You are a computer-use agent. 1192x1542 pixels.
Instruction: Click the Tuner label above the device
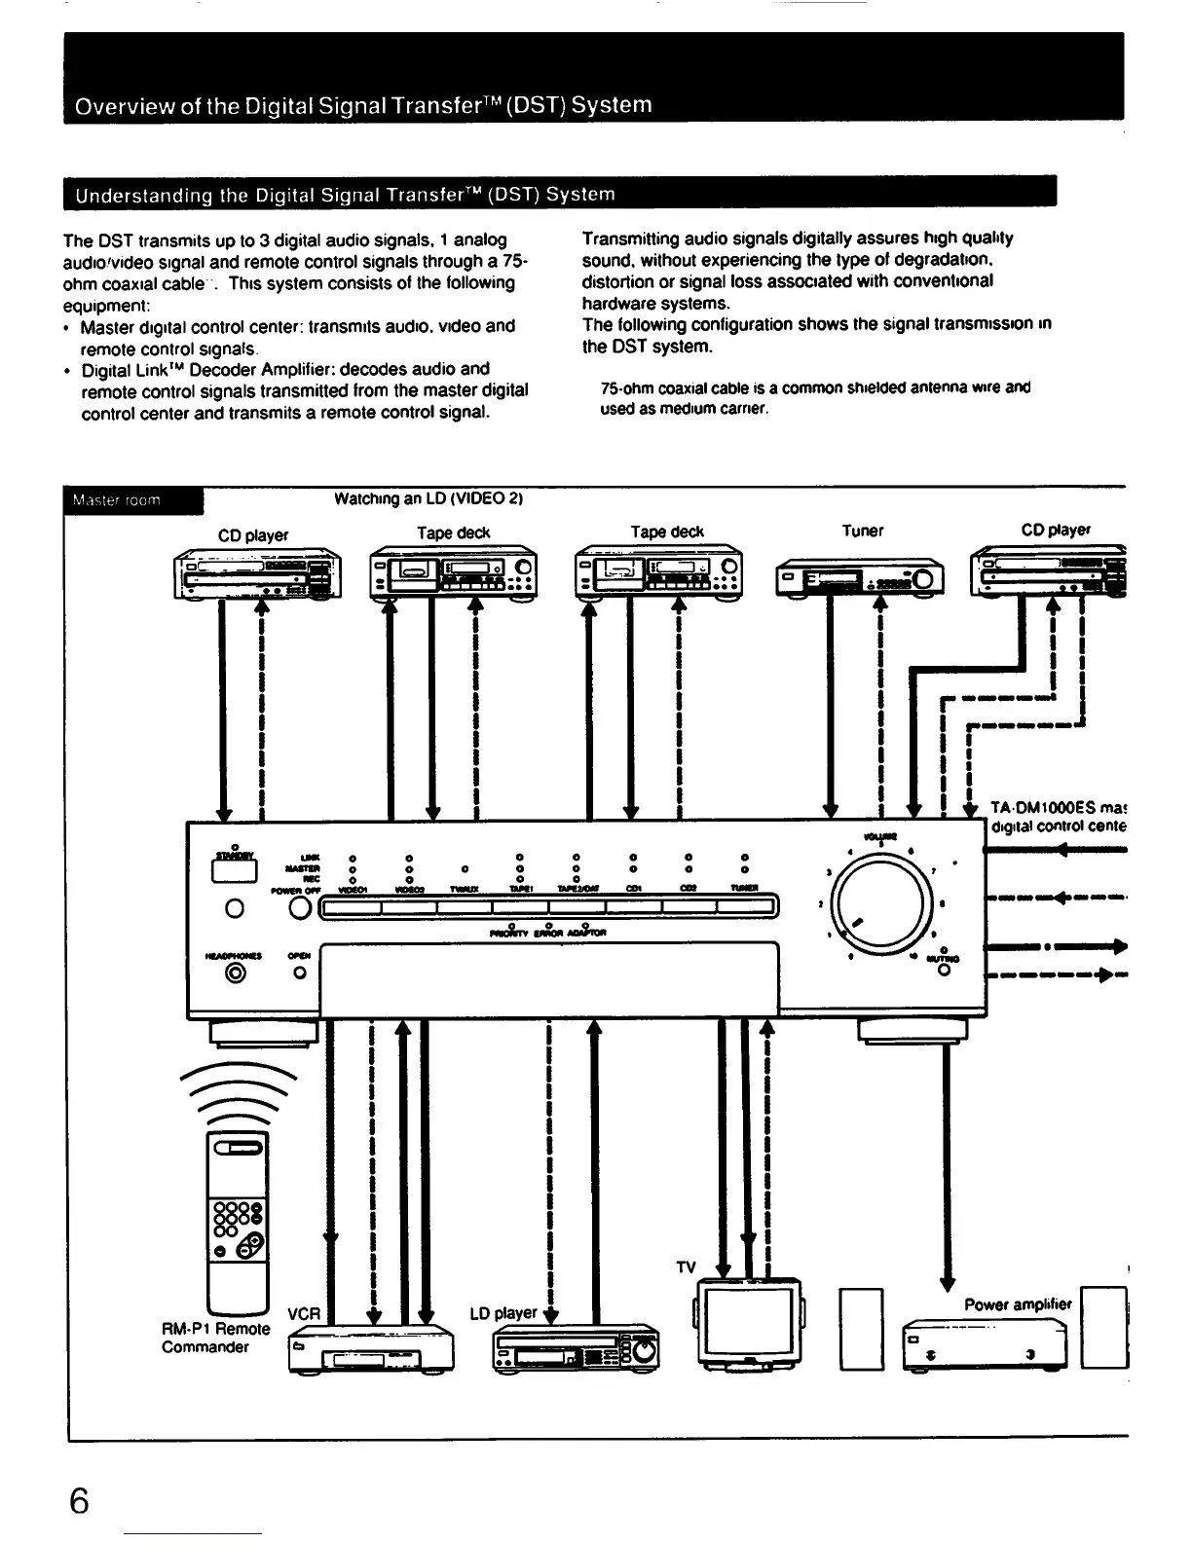click(862, 531)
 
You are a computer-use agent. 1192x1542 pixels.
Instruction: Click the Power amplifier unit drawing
click(986, 1343)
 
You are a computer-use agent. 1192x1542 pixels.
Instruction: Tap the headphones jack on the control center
click(235, 971)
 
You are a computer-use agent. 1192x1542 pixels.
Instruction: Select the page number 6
click(80, 1501)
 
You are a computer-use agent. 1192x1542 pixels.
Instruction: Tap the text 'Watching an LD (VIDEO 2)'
click(428, 499)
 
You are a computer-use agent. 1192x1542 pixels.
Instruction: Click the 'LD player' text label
click(503, 1313)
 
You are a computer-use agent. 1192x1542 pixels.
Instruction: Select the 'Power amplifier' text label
click(1017, 1304)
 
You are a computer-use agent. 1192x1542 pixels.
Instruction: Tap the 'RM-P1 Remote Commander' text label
click(215, 1338)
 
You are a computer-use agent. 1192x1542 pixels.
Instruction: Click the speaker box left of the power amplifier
click(860, 1329)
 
